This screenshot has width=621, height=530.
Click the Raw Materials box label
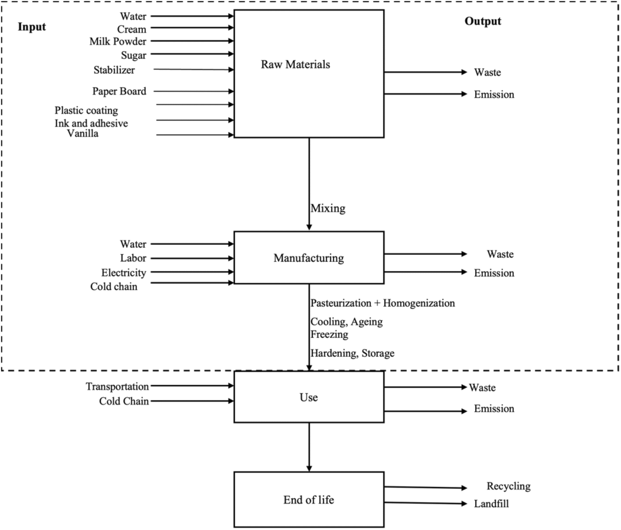295,65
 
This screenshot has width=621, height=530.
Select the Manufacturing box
309,258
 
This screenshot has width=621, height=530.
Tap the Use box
309,397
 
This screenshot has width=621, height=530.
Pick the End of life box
309,500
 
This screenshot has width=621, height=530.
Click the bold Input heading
32,27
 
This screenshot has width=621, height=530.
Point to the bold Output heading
483,21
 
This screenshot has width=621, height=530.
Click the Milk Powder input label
118,42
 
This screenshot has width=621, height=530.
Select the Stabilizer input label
114,70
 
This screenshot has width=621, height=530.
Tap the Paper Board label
119,91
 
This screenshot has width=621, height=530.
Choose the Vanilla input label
83,133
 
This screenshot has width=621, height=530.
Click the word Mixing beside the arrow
328,208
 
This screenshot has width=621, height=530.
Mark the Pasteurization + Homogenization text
382,303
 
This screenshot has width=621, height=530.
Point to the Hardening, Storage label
352,353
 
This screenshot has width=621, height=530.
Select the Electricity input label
123,273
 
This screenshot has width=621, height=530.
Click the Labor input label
133,258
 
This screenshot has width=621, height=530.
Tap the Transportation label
117,387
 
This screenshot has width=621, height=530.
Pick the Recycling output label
508,486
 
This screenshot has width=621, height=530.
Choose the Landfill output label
491,504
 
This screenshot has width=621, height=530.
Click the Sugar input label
134,56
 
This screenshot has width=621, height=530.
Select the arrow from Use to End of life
309,446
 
